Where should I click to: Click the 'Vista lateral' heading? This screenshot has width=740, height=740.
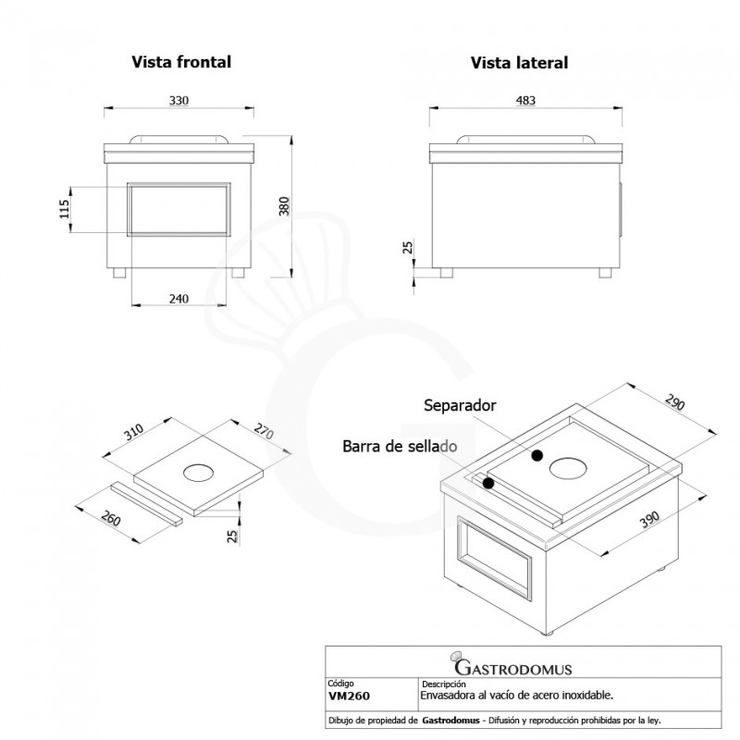pos(519,63)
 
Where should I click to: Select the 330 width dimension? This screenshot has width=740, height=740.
pos(179,101)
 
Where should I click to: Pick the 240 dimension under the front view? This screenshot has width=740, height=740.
pos(179,298)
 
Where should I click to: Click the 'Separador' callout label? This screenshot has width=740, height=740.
pos(461,405)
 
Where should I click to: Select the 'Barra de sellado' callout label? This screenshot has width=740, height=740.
pos(400,447)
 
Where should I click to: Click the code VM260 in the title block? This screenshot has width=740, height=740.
pos(347,694)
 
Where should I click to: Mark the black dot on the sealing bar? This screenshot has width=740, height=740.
pos(487,483)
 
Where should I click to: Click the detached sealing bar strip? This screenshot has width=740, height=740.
pos(148,503)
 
